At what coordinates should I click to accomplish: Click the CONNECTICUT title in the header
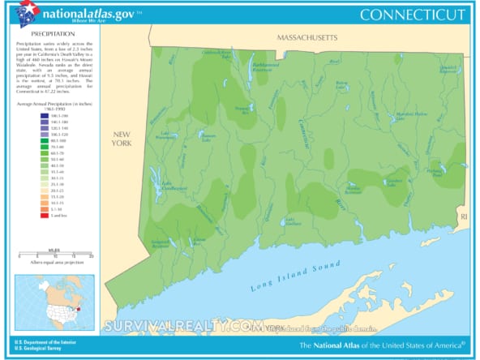[413, 15]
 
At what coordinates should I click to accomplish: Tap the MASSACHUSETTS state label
[307, 38]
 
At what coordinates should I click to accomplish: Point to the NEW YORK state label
[122, 138]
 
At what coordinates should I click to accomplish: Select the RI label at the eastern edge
[465, 217]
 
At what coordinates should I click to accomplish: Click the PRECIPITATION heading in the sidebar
[36, 33]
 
